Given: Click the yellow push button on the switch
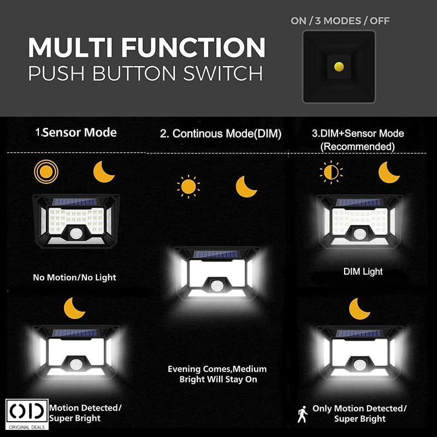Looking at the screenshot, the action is pos(339,67).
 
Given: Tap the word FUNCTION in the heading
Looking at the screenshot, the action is pos(193,48).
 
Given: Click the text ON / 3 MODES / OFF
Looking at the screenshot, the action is pos(340,21).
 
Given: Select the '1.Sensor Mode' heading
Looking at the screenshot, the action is pos(76,132).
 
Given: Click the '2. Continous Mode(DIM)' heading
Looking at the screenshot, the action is pos(221,133).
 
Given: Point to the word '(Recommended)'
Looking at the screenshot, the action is pos(358,146).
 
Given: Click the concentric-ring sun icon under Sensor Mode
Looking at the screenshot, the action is pos(46,172).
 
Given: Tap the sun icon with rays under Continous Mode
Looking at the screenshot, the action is pos(188,186).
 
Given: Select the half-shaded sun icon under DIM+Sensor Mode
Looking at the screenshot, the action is pos(331,172).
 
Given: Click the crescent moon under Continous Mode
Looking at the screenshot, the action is pos(245,187).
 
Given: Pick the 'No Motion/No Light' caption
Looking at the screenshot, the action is pos(74,277).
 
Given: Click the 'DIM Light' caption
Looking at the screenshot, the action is pos(363,271).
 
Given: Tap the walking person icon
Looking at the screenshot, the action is pos(303,414).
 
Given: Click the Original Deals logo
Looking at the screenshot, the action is pos(27,414).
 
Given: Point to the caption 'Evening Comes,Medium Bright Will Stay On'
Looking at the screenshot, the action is pos(217,374).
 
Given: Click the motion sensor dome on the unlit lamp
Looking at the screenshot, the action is pos(76,234).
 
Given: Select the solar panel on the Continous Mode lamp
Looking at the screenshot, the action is pos(216,254).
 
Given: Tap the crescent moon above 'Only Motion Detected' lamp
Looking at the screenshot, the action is pos(359,309).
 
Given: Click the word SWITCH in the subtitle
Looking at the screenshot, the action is pos(223,74).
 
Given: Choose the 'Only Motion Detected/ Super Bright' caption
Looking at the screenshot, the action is pos(359,414).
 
